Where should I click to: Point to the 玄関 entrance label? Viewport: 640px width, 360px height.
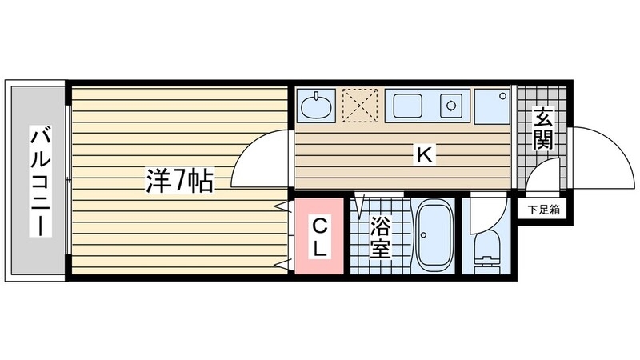pos(542,130)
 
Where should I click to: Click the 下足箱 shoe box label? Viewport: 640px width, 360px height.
pos(543,210)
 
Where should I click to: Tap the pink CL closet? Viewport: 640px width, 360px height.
pos(319,237)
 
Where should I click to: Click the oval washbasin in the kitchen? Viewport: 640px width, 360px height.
pos(317,106)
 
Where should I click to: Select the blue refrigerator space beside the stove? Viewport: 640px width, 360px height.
pos(490,106)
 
